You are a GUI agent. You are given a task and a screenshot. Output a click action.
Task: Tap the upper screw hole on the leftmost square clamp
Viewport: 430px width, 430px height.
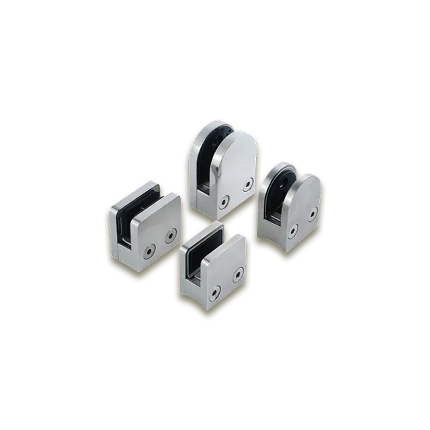[x=170, y=234]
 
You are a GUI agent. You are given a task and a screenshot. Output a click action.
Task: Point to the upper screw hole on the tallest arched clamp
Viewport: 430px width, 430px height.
[x=249, y=183]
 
